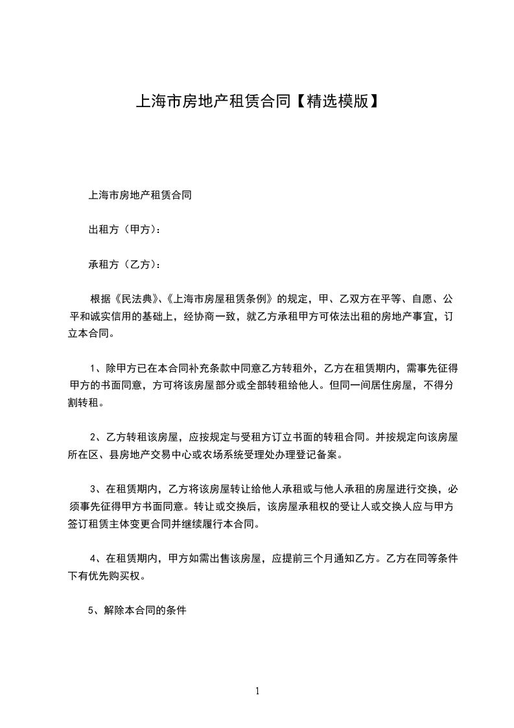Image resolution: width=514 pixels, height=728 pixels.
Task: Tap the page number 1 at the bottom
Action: point(257,691)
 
